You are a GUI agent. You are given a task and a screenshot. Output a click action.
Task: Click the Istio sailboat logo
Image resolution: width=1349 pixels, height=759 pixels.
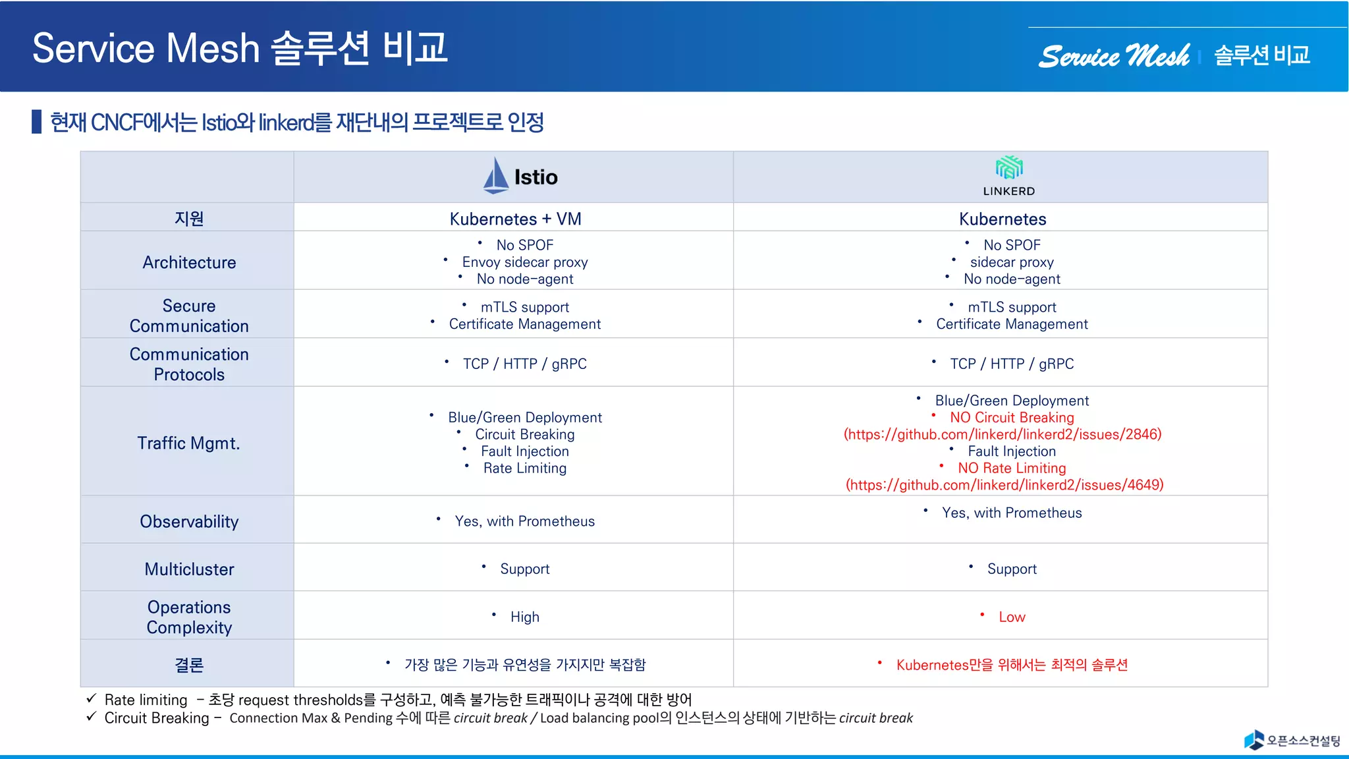coord(495,176)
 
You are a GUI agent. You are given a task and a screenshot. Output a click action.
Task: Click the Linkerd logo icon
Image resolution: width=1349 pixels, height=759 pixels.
coord(1008,168)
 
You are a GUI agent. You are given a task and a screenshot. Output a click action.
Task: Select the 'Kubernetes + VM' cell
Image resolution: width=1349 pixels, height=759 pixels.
coord(515,219)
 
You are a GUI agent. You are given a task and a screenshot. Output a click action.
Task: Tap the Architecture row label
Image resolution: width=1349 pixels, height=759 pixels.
coord(189,262)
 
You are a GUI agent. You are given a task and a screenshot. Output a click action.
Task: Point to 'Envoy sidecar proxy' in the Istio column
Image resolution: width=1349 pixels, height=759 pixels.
coord(524,262)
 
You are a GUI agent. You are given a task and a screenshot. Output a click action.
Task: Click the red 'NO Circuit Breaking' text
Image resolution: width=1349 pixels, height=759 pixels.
coord(1011,418)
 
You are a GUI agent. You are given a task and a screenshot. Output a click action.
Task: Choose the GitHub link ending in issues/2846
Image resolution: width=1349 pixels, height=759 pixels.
coord(1003,434)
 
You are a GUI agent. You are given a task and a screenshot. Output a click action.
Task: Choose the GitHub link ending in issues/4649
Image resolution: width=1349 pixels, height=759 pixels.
coord(1005,485)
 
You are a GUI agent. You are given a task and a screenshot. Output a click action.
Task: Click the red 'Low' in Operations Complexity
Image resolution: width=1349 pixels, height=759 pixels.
coord(1012,617)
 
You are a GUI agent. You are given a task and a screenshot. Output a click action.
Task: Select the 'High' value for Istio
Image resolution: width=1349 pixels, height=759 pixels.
coord(524,617)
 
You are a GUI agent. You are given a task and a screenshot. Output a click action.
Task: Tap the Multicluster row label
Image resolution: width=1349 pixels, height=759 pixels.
coord(189,569)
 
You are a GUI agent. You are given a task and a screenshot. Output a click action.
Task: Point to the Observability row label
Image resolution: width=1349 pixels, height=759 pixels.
coord(189,522)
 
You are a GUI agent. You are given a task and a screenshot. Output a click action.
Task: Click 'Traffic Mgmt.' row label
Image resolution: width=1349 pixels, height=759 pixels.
coord(188,443)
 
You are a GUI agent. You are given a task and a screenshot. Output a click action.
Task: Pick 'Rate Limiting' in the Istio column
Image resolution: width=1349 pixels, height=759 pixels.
coord(524,468)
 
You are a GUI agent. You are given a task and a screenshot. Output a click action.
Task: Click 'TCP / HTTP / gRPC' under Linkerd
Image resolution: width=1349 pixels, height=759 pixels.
coord(1011,364)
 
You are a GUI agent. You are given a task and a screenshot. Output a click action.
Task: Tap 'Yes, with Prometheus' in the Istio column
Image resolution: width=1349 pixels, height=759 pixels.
coord(524,521)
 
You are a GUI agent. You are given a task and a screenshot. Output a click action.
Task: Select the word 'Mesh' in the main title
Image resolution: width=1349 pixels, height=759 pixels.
coord(213,48)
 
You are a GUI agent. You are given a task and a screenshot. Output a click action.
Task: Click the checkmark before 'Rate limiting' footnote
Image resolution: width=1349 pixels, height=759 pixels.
coord(92,698)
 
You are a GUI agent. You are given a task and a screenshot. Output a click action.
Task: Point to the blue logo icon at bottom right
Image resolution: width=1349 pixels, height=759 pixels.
coord(1253,739)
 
